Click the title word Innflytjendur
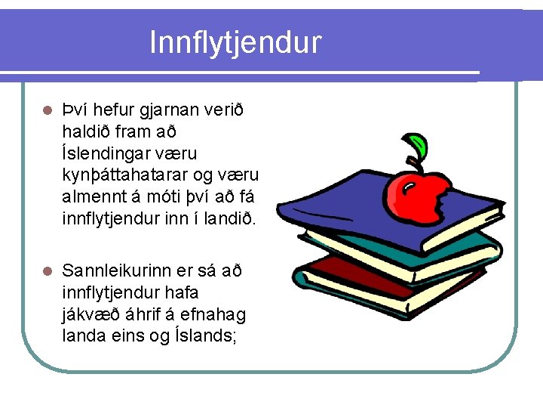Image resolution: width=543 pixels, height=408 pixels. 235,42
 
